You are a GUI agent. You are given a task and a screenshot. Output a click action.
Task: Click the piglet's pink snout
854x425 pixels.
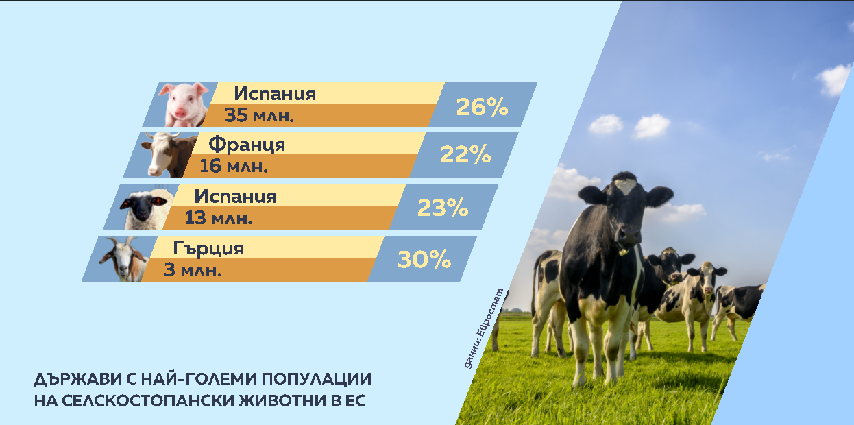(x=180, y=113)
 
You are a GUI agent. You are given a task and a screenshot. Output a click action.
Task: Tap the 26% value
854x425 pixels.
(x=482, y=107)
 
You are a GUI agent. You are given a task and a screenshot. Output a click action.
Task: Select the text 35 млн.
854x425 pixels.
(x=259, y=115)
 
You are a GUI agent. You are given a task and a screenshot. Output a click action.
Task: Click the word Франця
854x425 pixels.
(x=247, y=145)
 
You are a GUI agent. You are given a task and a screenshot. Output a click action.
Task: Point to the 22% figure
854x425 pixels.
(x=465, y=154)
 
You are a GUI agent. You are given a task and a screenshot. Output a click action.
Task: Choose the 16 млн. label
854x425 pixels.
(x=233, y=166)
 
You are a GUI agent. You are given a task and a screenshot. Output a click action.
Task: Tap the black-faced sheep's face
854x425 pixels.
(x=143, y=206)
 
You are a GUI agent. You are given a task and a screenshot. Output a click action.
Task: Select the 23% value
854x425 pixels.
(x=443, y=208)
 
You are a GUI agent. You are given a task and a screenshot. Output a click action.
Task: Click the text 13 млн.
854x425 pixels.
(x=219, y=218)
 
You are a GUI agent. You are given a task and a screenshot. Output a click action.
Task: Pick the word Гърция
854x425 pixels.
(x=208, y=248)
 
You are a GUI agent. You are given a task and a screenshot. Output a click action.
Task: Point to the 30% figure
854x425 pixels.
(x=424, y=260)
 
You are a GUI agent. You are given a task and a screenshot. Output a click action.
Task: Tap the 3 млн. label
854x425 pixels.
(x=193, y=270)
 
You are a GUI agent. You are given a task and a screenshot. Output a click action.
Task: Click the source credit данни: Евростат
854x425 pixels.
(x=484, y=328)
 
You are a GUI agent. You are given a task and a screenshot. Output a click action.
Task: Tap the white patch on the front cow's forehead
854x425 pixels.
(x=625, y=186)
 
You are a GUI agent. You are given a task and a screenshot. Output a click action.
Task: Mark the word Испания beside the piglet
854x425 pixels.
(x=275, y=93)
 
